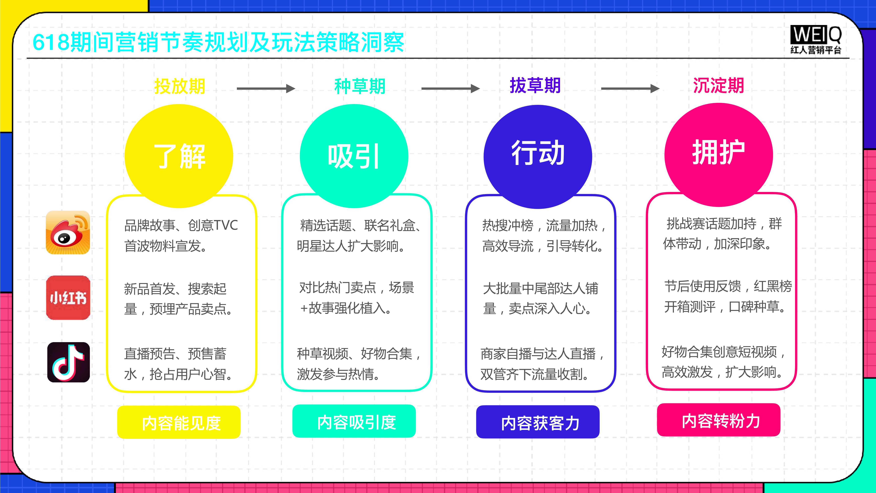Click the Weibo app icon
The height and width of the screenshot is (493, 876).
click(68, 232)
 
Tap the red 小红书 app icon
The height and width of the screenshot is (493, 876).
click(68, 298)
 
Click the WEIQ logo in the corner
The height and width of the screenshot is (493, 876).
click(815, 39)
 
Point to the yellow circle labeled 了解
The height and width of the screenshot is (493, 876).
click(179, 156)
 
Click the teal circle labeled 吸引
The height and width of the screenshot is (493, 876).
click(354, 156)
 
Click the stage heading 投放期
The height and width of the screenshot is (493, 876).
click(180, 86)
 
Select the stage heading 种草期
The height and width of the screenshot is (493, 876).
click(360, 86)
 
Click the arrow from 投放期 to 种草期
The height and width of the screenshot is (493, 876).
click(266, 88)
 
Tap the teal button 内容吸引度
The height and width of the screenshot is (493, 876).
click(354, 421)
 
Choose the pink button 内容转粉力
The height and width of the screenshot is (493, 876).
click(718, 420)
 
